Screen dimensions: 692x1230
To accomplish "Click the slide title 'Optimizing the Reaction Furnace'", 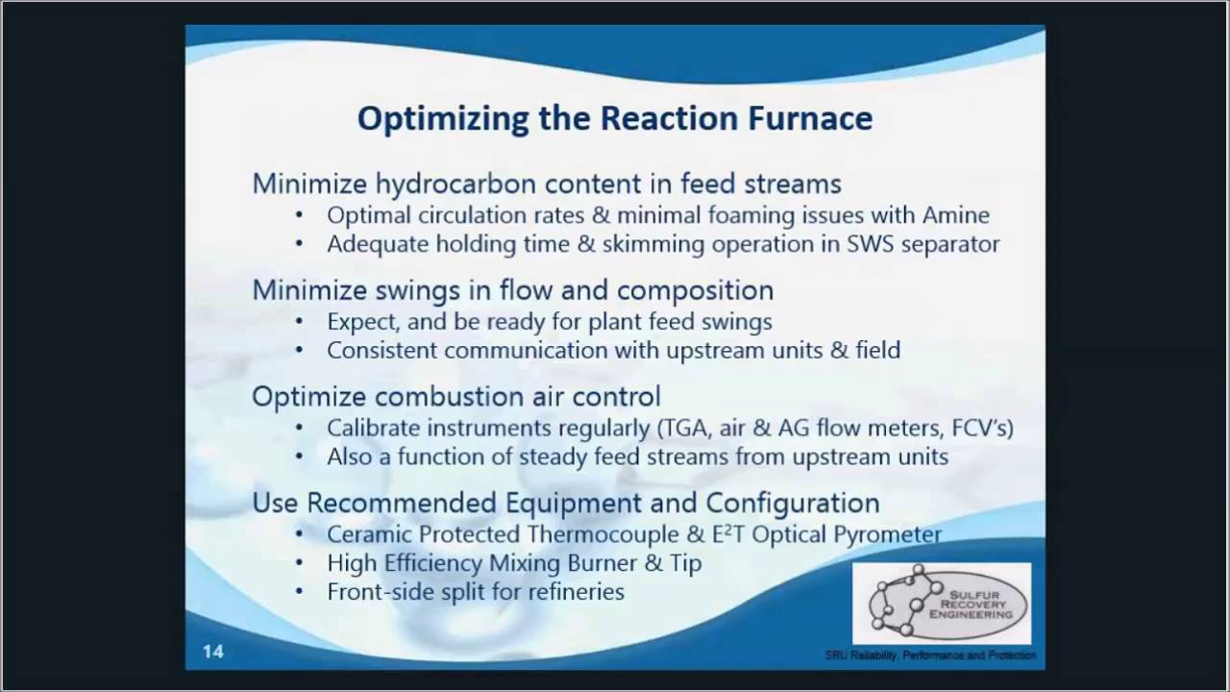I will click(x=615, y=118).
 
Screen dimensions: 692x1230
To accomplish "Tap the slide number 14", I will click(x=212, y=652).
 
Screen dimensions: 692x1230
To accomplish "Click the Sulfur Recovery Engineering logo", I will click(x=941, y=604).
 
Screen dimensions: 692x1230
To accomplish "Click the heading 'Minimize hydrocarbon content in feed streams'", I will click(x=546, y=184).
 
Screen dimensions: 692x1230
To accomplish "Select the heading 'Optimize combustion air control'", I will click(x=455, y=396).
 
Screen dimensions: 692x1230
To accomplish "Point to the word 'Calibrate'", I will click(x=372, y=428).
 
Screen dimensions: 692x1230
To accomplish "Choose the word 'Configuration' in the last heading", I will click(x=793, y=503).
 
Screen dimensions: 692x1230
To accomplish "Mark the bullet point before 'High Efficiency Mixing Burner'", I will click(x=302, y=563).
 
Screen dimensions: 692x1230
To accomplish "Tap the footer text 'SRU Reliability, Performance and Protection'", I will click(x=930, y=655).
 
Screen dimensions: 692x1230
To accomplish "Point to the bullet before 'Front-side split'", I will click(x=302, y=592).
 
